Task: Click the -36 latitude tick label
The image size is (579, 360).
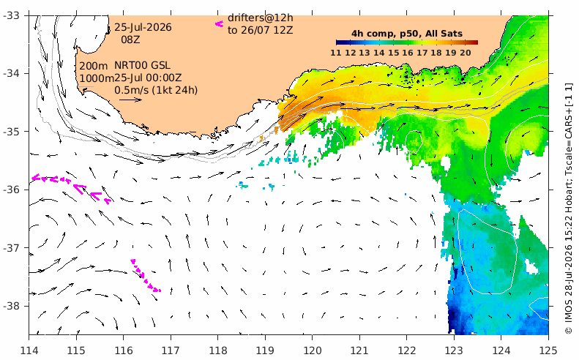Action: tap(13, 190)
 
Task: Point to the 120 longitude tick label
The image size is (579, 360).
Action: tap(312, 350)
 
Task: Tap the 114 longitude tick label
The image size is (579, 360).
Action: tap(29, 350)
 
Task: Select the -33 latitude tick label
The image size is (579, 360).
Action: tap(13, 15)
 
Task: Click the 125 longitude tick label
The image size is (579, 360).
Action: tap(548, 350)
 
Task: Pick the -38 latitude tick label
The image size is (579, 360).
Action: tap(13, 306)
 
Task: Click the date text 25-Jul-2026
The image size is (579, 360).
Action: tap(143, 27)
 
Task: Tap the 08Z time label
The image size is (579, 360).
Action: tap(130, 40)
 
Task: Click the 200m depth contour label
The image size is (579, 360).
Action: tap(94, 66)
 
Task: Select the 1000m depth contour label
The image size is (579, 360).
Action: tap(97, 78)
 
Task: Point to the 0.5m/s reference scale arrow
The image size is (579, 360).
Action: tap(130, 100)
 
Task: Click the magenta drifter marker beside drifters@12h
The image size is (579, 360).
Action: tap(220, 24)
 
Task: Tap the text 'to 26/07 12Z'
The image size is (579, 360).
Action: tap(261, 30)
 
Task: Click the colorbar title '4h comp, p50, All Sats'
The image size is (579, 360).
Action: tap(407, 34)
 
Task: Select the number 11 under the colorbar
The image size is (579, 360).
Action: tap(336, 53)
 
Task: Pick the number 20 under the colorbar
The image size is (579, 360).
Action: tap(466, 53)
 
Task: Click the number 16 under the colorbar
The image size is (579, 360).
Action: tap(408, 53)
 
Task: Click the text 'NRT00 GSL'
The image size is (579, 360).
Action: tap(142, 66)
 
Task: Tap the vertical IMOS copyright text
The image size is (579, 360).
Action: tap(569, 209)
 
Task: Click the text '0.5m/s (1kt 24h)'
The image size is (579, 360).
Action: tap(156, 90)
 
